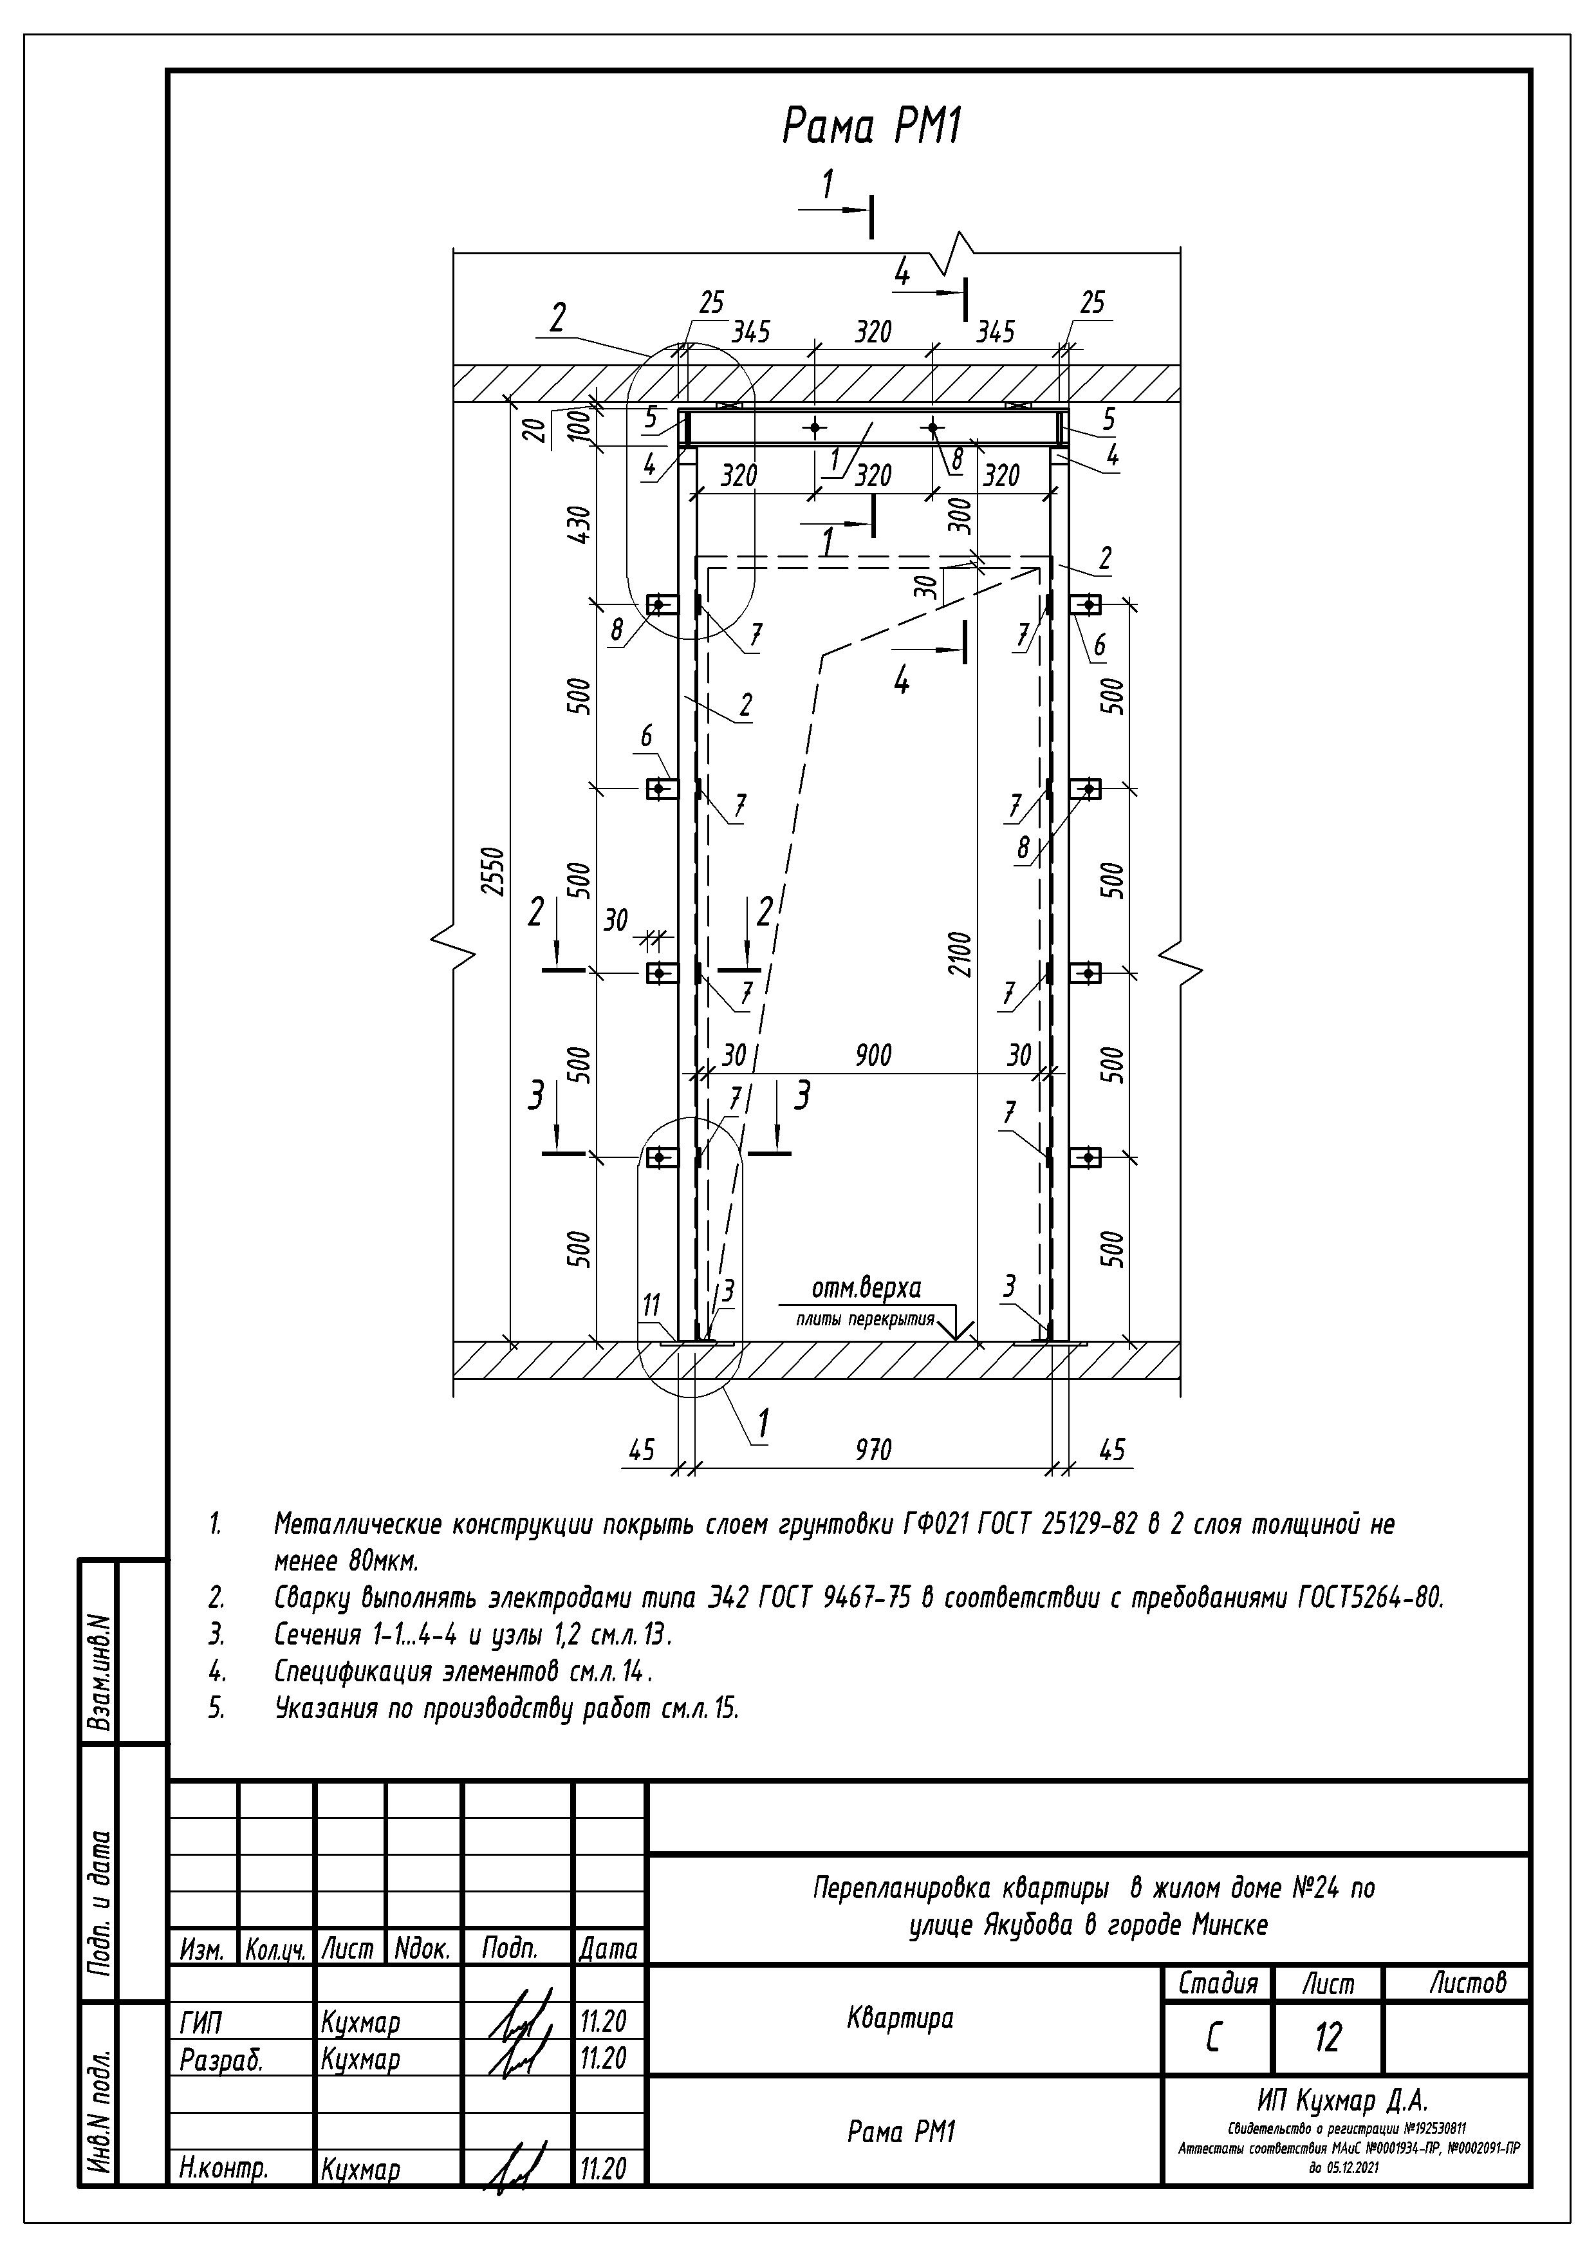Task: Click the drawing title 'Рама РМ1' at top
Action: (x=871, y=127)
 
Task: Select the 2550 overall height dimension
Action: (x=495, y=870)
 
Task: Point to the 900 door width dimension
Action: (x=872, y=1055)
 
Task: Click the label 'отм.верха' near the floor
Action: (x=866, y=1287)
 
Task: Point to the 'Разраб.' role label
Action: (x=221, y=2060)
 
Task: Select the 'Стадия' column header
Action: (x=1218, y=1983)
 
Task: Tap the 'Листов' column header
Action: (x=1468, y=1983)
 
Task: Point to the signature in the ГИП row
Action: (x=516, y=2021)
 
